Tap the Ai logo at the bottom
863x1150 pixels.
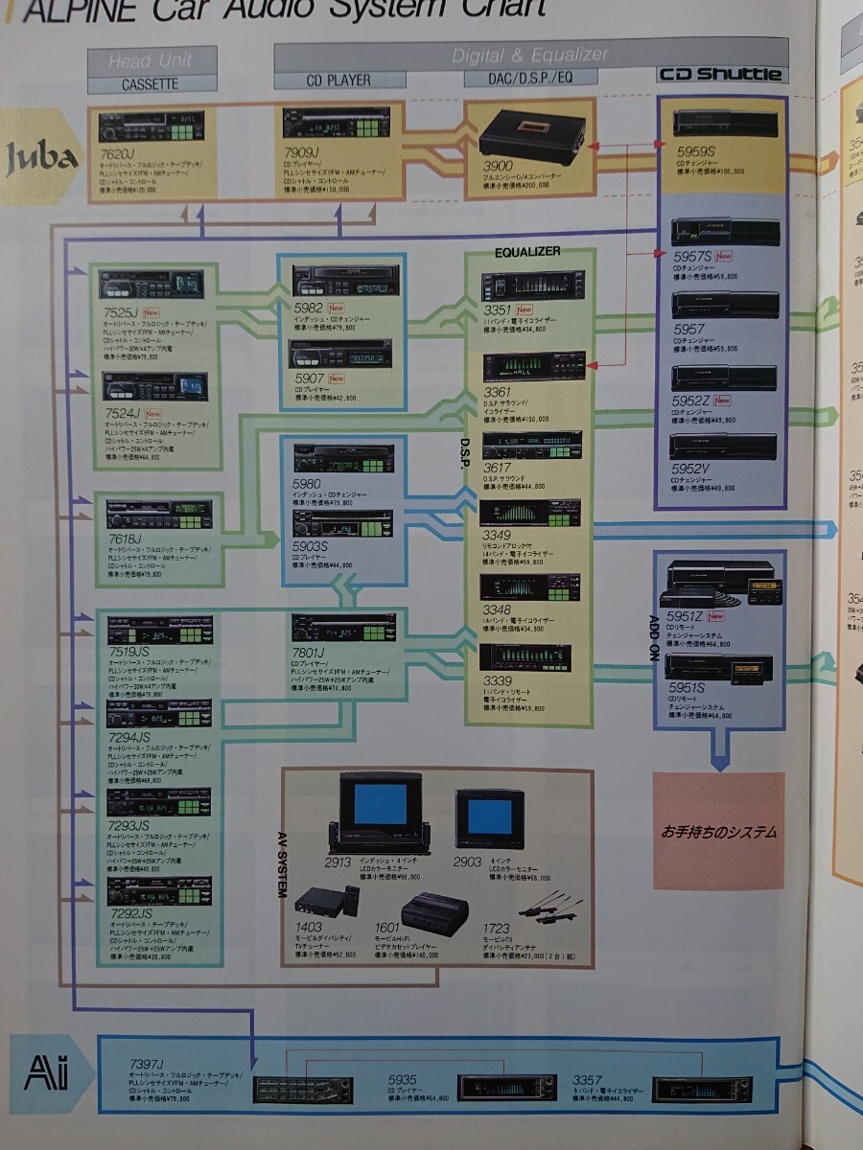[x=48, y=1071]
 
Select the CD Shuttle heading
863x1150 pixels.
[x=720, y=75]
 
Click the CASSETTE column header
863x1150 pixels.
[x=150, y=84]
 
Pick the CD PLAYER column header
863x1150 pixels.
[x=338, y=80]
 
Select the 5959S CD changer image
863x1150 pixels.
[x=721, y=123]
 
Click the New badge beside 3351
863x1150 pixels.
[x=525, y=310]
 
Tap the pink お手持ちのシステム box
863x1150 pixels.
[x=718, y=831]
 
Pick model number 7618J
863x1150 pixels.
[x=125, y=539]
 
